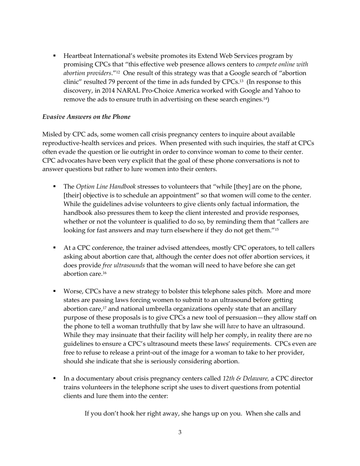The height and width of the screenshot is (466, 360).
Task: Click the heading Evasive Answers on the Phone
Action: point(86,117)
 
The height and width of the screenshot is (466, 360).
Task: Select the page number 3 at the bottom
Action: point(180,432)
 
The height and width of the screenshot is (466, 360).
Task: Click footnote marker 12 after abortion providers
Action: point(118,72)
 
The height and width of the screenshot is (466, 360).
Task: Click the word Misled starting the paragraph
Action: point(52,134)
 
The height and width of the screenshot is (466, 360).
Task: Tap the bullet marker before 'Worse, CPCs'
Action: point(55,291)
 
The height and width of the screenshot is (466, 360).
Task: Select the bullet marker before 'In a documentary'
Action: point(55,378)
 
